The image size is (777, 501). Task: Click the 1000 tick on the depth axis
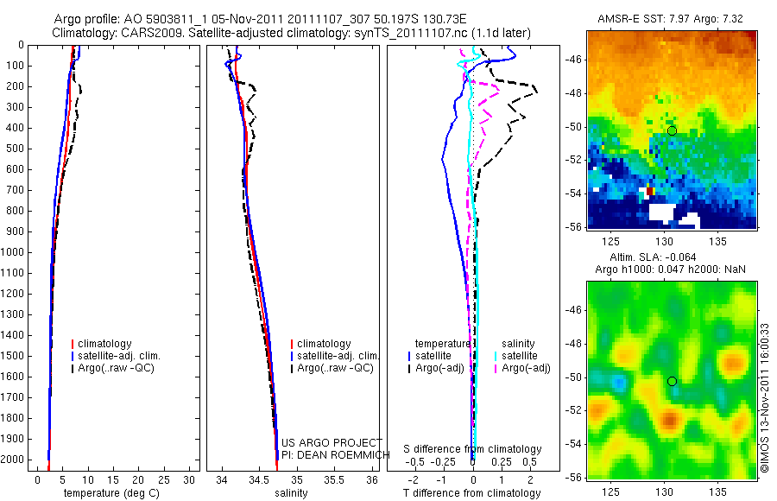pyautogui.click(x=15, y=252)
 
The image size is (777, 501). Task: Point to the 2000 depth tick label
pyautogui.click(x=15, y=460)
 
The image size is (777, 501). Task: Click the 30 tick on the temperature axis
pyautogui.click(x=189, y=479)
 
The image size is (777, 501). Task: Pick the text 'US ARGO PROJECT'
pyautogui.click(x=332, y=443)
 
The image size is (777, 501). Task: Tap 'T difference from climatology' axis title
pyautogui.click(x=471, y=493)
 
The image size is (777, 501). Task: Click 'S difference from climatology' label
pyautogui.click(x=472, y=449)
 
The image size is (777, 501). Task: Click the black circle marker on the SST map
pyautogui.click(x=672, y=130)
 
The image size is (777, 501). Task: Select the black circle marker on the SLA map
pyautogui.click(x=672, y=381)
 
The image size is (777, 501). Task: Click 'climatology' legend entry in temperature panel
pyautogui.click(x=105, y=344)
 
